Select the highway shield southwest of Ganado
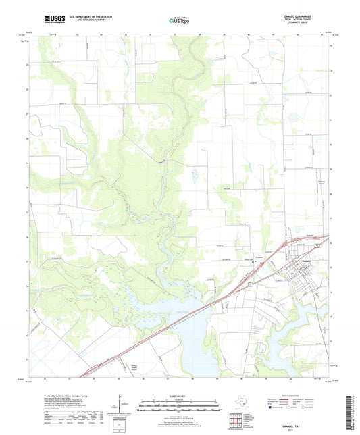(251, 286)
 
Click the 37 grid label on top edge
(174, 33)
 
